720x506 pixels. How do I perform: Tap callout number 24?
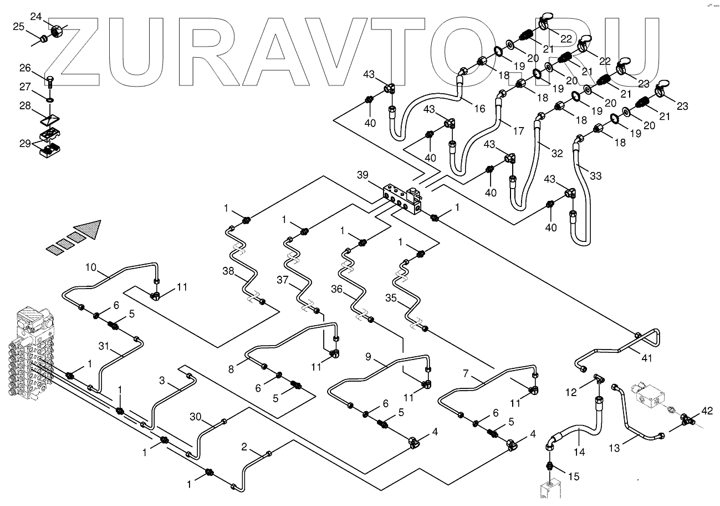[x=36, y=18]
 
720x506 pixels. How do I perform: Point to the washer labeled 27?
[x=50, y=99]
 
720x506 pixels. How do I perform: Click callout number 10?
[x=90, y=268]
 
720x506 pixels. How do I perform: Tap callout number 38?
[x=228, y=271]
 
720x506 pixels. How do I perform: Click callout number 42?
[x=706, y=411]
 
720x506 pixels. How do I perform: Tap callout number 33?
[x=595, y=176]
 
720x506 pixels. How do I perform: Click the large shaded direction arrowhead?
[x=89, y=229]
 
